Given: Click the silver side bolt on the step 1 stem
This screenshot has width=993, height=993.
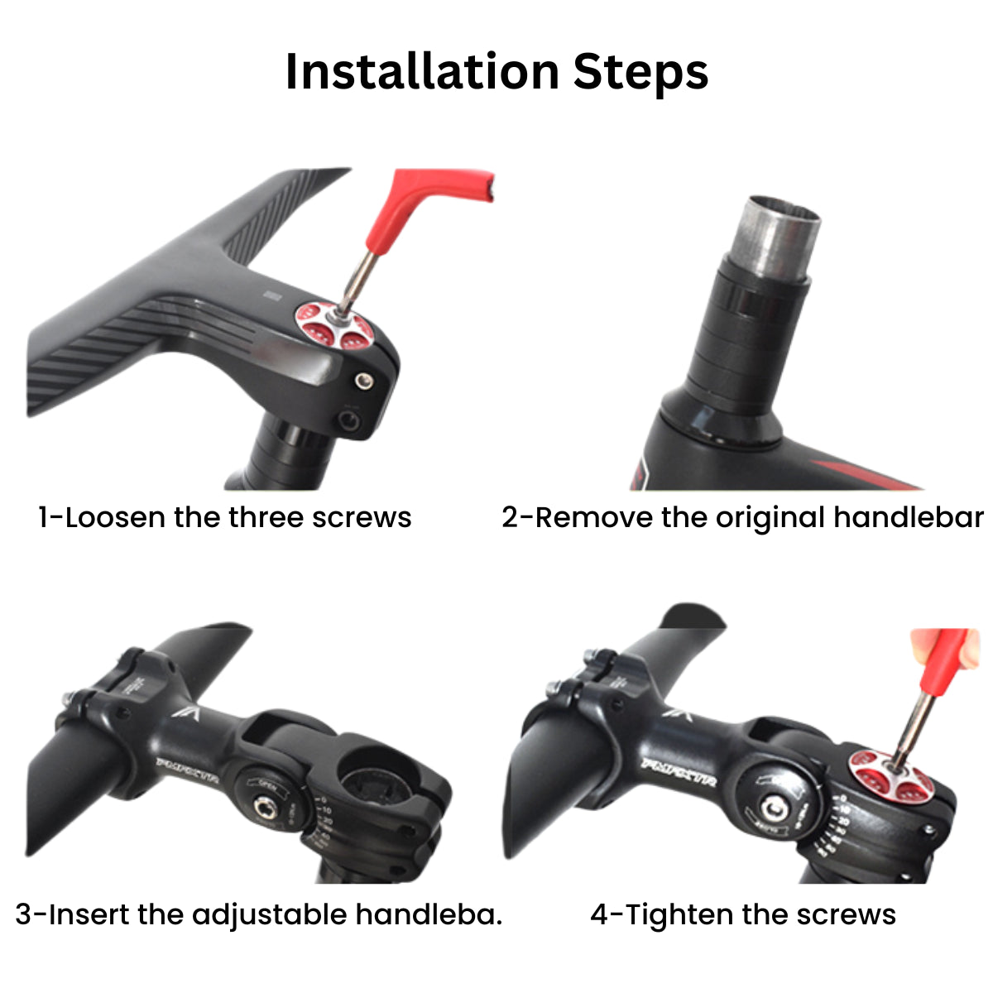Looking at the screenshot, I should pyautogui.click(x=362, y=381).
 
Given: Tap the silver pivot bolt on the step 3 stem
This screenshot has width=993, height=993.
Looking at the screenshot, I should pyautogui.click(x=266, y=807).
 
